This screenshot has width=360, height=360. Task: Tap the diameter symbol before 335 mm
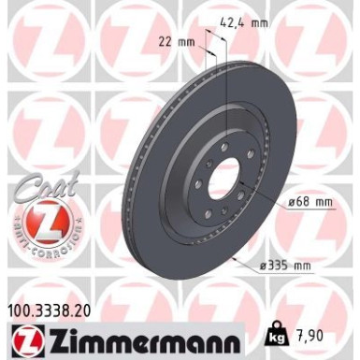pyautogui.click(x=265, y=267)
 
